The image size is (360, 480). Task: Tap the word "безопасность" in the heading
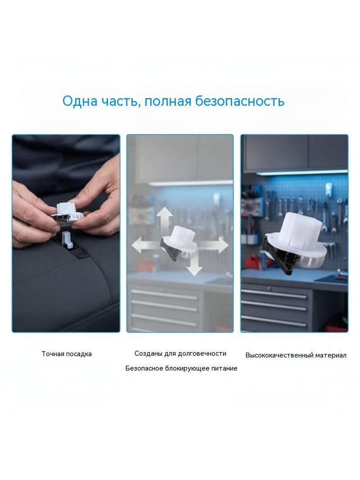click(x=240, y=101)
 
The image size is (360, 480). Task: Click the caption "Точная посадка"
click(x=67, y=354)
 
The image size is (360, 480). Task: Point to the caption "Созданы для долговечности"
click(x=180, y=353)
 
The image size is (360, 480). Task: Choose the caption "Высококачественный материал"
click(x=296, y=355)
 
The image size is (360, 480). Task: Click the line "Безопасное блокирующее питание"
click(x=181, y=368)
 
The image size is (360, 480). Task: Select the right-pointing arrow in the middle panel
click(x=214, y=245)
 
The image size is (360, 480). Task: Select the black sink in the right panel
click(x=331, y=278)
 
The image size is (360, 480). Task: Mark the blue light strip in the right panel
click(x=301, y=172)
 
